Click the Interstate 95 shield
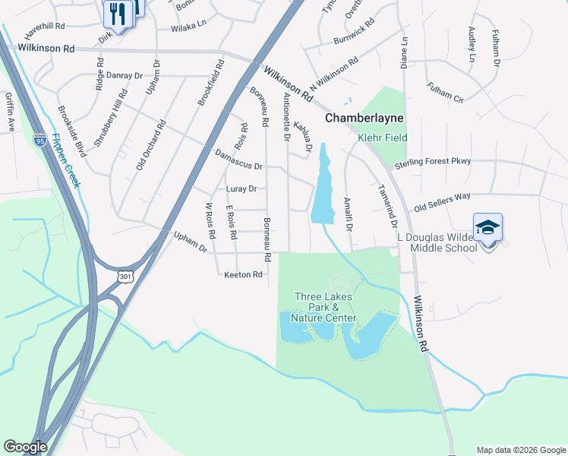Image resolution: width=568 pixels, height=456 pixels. tap(40, 140)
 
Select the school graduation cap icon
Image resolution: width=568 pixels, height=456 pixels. tap(488, 227)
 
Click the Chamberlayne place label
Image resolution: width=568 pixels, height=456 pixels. tap(364, 118)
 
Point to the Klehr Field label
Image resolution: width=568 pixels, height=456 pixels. tap(383, 138)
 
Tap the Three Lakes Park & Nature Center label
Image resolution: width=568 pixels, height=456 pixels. tap(325, 307)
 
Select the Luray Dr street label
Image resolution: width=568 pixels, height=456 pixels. tap(242, 188)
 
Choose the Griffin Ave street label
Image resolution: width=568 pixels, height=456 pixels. tap(10, 112)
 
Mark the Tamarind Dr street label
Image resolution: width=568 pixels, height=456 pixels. tap(387, 204)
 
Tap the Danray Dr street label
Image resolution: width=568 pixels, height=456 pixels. tap(125, 75)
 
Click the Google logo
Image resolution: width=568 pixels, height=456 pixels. tap(25, 447)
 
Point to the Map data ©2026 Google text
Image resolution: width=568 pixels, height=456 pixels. tap(521, 450)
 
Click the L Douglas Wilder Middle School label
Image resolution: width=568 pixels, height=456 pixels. tap(438, 242)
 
